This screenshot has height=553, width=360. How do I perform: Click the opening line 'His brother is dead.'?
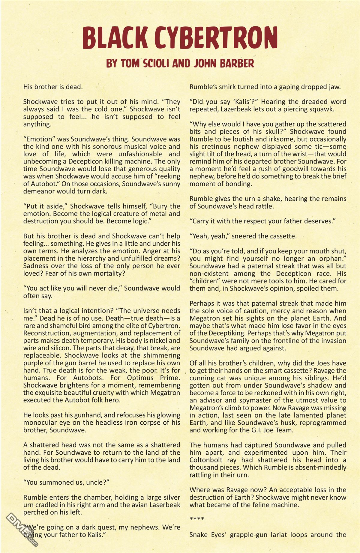click(x=53, y=87)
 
